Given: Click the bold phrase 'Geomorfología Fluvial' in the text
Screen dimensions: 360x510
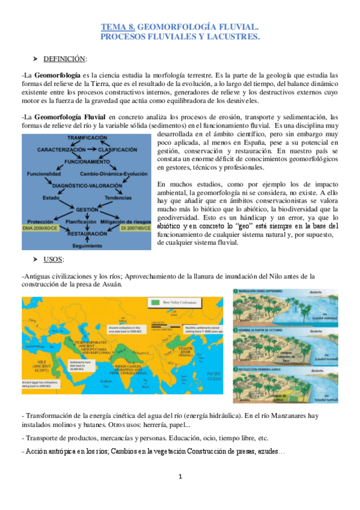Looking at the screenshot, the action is pos(70,116).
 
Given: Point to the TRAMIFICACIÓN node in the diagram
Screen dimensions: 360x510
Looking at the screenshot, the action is pos(87,138).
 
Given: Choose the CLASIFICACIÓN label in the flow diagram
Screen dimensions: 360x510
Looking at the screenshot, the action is pos(124,149).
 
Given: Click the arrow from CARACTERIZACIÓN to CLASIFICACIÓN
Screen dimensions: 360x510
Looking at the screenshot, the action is pos(93,149).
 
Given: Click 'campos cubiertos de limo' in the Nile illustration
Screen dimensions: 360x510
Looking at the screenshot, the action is pos(283,357).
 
